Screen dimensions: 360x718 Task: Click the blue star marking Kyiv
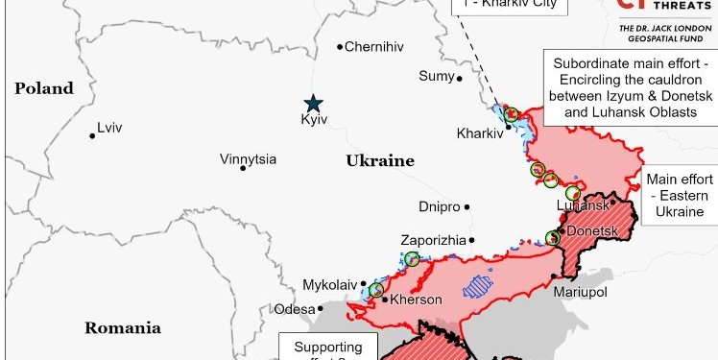click(313, 103)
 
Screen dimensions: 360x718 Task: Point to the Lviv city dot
click(92, 135)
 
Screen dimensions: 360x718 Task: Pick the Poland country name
click(44, 88)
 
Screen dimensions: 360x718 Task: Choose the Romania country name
click(122, 327)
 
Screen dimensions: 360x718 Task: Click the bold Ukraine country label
click(380, 161)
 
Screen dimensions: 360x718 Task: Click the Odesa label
click(294, 309)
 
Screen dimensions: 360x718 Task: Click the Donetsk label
click(590, 232)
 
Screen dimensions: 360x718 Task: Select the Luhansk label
click(583, 205)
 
